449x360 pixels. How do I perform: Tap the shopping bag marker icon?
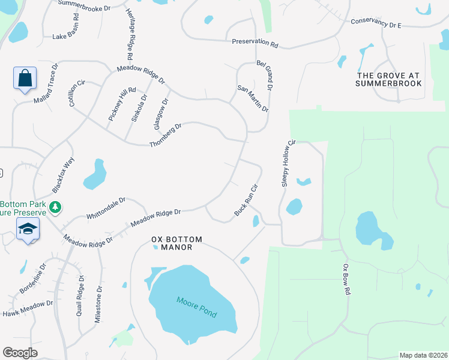(x=25, y=79)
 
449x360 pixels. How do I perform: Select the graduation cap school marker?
(x=28, y=230)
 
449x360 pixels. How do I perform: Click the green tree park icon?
(x=55, y=207)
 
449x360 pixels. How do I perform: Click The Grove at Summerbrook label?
(x=388, y=79)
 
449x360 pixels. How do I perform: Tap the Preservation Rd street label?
(x=256, y=43)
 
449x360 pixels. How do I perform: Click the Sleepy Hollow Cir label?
(x=289, y=164)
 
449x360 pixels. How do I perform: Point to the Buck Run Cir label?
(x=246, y=200)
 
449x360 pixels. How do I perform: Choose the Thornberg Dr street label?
(x=165, y=136)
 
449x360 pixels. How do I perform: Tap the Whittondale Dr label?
(x=106, y=208)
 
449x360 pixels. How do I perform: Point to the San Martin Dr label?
(x=253, y=98)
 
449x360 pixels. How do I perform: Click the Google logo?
(x=20, y=353)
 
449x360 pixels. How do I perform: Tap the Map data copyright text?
(x=423, y=355)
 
